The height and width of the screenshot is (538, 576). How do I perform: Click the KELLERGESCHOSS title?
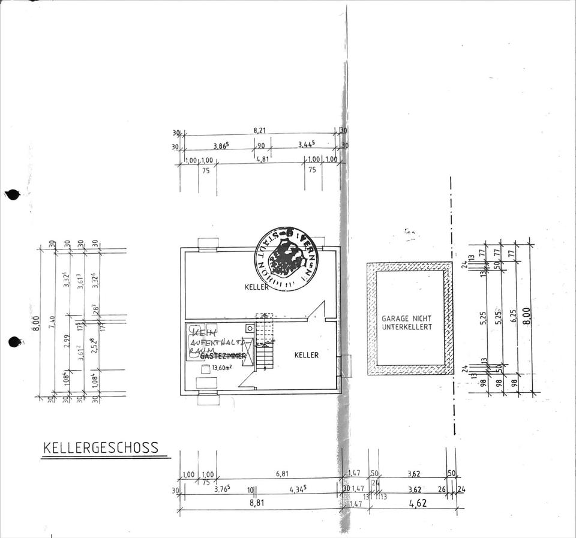coord(101,448)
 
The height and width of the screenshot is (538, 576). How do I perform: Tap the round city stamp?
coord(286,260)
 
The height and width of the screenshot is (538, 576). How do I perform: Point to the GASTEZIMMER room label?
coord(223,356)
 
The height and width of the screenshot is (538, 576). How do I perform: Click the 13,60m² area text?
coord(222,369)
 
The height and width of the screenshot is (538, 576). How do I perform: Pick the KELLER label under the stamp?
coord(257,287)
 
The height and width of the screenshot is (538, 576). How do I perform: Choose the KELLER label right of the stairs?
coord(306,355)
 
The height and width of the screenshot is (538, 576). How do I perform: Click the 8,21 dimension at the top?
coord(260,130)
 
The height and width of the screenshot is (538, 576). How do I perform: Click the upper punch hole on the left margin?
coord(12,194)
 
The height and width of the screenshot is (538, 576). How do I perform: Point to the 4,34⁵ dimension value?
coord(298,489)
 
